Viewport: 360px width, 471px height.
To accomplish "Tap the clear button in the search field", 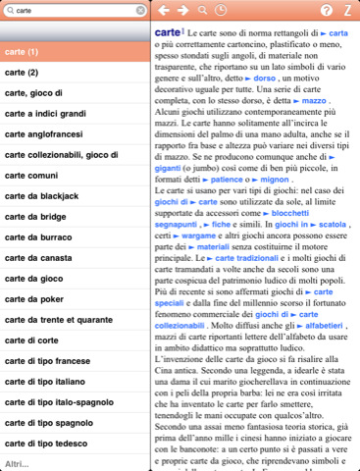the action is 139,11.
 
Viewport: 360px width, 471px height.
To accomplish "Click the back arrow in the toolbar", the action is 162,11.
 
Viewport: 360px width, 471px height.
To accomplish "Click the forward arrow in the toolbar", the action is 181,11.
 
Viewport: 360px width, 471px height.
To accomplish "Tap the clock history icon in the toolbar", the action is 222,11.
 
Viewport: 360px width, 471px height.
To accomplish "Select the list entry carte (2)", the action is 21,73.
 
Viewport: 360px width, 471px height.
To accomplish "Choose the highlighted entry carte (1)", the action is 21,50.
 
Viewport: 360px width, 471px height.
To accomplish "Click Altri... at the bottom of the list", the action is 17,462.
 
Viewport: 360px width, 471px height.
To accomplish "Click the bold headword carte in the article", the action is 168,33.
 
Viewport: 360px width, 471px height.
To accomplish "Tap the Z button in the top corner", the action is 347,11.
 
